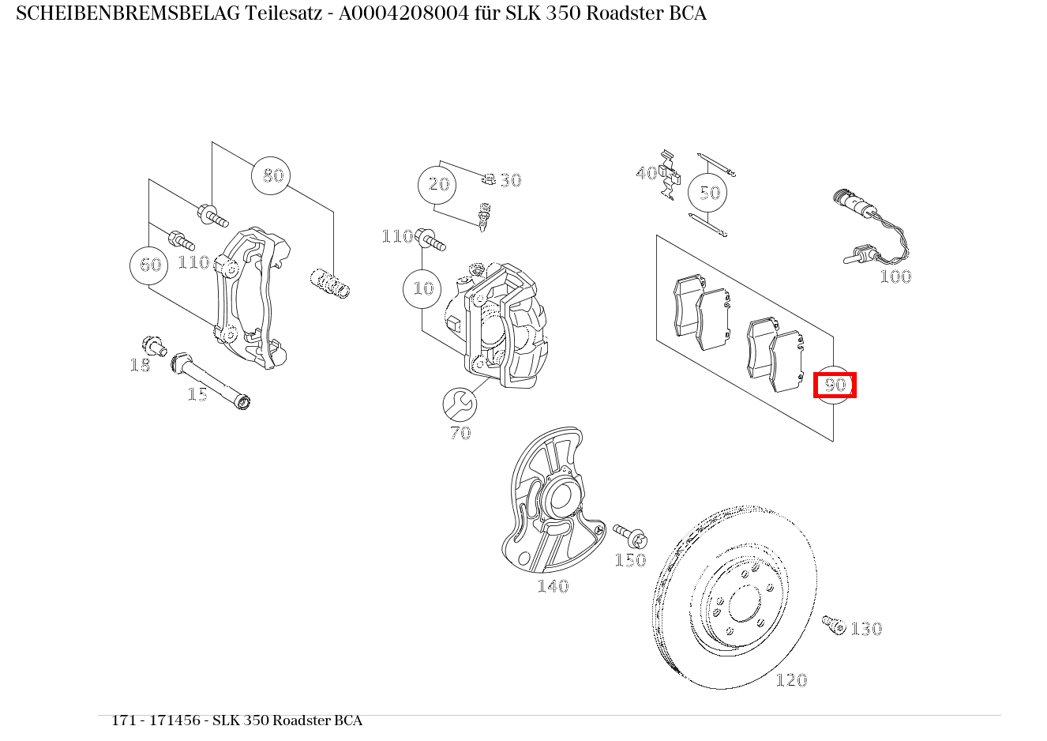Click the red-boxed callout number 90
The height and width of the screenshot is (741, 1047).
(x=835, y=386)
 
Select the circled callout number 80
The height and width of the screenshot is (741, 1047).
(x=272, y=175)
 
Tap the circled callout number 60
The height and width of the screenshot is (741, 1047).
(x=150, y=265)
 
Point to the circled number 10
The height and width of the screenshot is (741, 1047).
(x=423, y=288)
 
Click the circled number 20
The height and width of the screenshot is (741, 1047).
(x=438, y=185)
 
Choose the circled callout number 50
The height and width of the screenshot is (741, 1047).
(x=709, y=193)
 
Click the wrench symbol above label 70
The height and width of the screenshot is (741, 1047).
(x=460, y=404)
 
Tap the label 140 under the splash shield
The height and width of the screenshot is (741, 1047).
(x=552, y=586)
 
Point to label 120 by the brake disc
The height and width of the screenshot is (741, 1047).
(x=791, y=680)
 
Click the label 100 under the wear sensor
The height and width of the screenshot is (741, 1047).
(x=895, y=276)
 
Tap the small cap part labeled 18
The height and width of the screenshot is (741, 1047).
(x=152, y=345)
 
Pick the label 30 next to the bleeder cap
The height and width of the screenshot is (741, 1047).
(x=511, y=181)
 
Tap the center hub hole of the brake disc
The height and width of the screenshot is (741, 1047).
(x=743, y=604)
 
